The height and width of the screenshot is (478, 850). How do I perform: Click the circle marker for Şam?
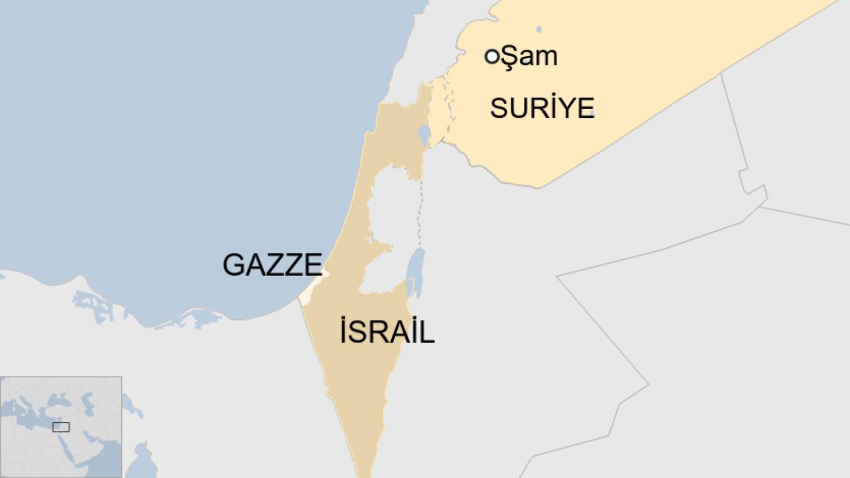coord(492,56)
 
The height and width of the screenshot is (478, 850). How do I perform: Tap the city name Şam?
coord(529,56)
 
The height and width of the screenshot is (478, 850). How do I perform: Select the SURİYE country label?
coord(542,108)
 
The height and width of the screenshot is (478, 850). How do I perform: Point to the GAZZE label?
coord(272,265)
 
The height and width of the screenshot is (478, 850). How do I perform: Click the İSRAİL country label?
coord(386,332)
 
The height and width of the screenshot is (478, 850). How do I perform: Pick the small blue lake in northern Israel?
coord(424,135)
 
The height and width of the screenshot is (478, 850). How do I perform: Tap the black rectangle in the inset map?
coord(61,427)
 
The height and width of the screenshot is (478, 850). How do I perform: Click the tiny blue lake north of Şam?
coord(539,30)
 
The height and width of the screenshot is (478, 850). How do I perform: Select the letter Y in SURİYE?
coord(565,108)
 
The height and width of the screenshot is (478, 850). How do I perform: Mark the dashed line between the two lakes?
coord(419,213)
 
